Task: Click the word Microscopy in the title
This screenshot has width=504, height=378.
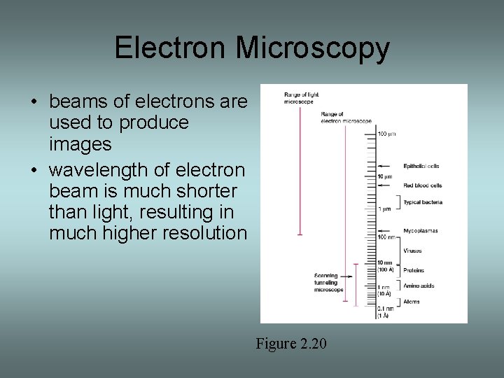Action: click(x=312, y=48)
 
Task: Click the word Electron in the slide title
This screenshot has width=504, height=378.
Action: click(x=171, y=48)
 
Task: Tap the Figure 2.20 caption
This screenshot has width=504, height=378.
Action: click(x=290, y=344)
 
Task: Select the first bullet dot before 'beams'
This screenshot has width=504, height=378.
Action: click(x=34, y=102)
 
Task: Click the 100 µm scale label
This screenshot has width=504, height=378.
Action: click(x=387, y=133)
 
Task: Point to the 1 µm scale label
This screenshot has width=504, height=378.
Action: click(x=385, y=209)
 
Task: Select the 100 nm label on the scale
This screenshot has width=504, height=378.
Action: click(x=386, y=237)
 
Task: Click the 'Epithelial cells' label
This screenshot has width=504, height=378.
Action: click(x=421, y=166)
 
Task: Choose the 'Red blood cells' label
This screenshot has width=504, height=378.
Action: click(x=423, y=185)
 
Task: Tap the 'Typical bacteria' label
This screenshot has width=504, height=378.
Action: click(x=423, y=202)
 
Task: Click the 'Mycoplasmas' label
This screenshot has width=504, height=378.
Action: click(x=420, y=230)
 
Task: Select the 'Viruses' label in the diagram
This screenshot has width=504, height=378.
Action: click(x=413, y=251)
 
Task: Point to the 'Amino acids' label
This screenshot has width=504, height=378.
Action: click(x=419, y=286)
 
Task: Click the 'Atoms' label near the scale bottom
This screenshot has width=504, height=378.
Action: click(x=412, y=302)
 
